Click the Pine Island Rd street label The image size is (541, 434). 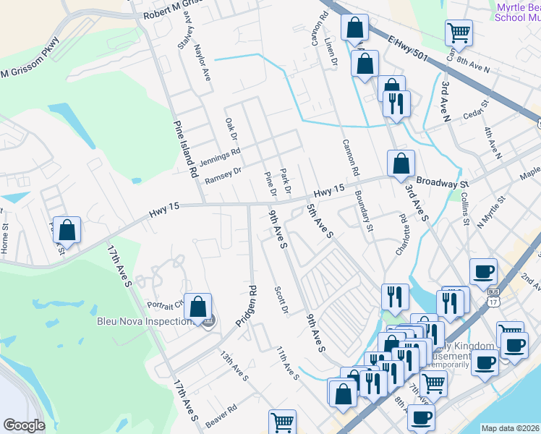[x=184, y=149]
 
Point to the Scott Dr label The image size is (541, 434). [x=281, y=301]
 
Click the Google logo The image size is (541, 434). [x=24, y=425]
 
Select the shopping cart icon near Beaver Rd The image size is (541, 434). [x=282, y=421]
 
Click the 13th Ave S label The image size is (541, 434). [x=234, y=367]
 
